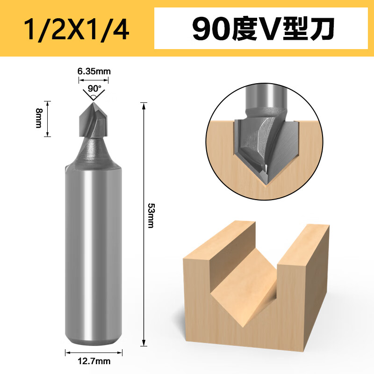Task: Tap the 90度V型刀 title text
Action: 263,29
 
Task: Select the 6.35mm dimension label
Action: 94,72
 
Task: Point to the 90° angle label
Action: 94,88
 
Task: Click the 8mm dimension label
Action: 39,118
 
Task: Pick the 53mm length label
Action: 151,216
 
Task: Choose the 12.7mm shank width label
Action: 94,361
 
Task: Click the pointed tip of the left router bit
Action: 93,102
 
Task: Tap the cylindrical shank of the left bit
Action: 93,253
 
